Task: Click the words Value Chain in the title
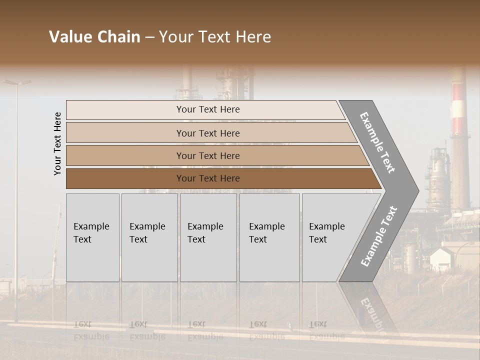[94, 37]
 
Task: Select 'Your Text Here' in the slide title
[215, 37]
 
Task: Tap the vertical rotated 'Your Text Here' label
[57, 143]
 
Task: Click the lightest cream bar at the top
[207, 109]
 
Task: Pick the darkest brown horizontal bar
[207, 178]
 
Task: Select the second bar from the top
[207, 133]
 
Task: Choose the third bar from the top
[207, 155]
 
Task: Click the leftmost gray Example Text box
[92, 237]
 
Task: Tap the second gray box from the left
[149, 237]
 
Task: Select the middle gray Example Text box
[208, 237]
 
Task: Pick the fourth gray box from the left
[269, 237]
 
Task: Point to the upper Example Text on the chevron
[377, 142]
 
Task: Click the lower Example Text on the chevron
[379, 236]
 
